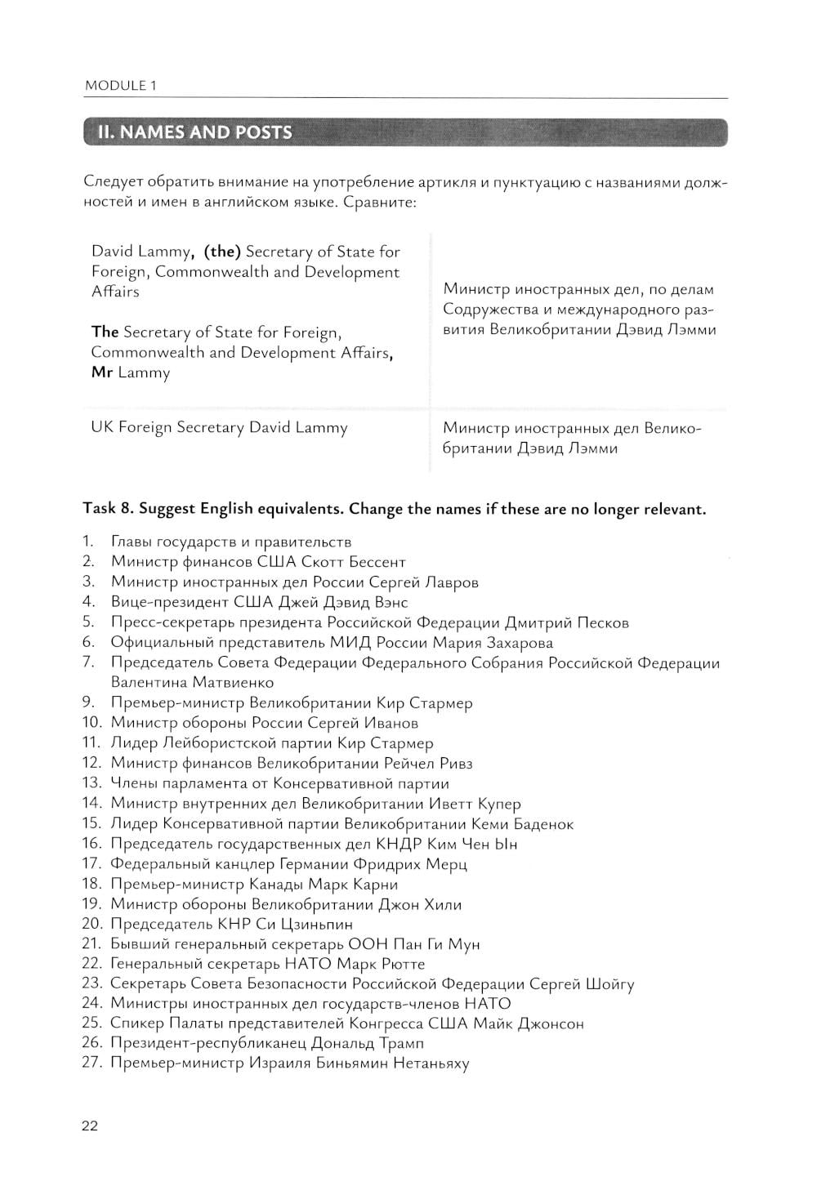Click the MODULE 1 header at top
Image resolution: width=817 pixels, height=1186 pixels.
[120, 85]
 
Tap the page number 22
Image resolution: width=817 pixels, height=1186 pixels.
[90, 1126]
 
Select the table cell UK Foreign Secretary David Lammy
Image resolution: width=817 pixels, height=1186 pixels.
[219, 428]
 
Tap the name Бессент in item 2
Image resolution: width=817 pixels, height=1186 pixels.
[377, 562]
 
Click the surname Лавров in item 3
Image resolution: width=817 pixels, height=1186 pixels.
[452, 582]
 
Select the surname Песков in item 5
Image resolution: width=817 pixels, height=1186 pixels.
[603, 623]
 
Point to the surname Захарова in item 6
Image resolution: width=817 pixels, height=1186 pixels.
[515, 643]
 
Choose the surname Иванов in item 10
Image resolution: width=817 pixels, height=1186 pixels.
[391, 723]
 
